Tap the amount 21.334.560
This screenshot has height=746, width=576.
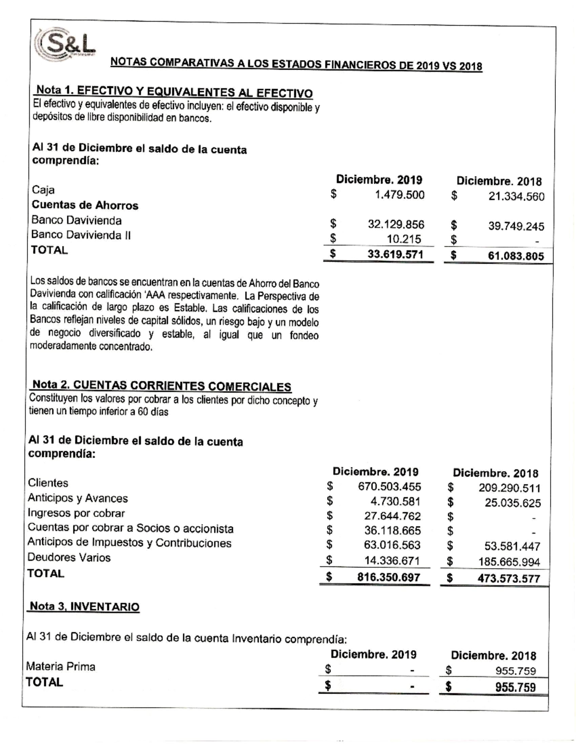tap(516, 196)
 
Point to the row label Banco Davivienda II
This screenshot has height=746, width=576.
tap(81, 235)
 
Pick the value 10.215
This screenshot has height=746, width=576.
tap(404, 239)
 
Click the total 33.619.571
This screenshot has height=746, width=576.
tap(395, 255)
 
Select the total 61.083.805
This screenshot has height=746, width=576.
tap(516, 257)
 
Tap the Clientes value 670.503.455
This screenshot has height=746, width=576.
tap(389, 487)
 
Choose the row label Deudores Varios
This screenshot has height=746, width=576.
tap(69, 558)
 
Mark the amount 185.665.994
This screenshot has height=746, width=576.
tap(509, 562)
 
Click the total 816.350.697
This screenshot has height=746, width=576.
tap(389, 577)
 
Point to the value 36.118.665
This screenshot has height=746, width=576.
tap(393, 531)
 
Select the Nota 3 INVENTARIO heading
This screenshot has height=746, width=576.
tap(84, 607)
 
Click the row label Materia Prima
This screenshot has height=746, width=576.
tap(60, 667)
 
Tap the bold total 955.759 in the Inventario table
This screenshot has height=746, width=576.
tap(516, 688)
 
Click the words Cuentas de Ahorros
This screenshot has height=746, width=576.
tap(85, 206)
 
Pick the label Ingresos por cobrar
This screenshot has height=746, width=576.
tap(76, 513)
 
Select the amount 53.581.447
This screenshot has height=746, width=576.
tap(512, 547)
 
